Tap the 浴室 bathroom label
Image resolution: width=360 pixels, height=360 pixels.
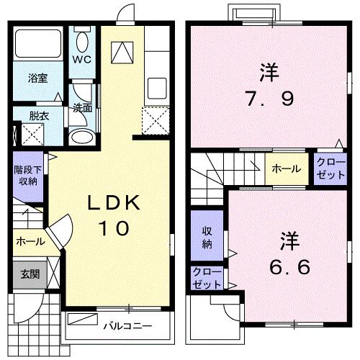tap(38, 78)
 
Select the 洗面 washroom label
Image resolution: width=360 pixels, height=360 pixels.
tap(82, 108)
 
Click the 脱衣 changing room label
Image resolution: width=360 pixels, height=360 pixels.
tap(39, 115)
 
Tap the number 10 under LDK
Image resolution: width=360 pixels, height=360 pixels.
tap(113, 228)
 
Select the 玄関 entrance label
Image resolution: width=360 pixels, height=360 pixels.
tap(29, 274)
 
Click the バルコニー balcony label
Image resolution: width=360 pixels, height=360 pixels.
tap(127, 326)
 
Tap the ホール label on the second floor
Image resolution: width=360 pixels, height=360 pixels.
tap(286, 168)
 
